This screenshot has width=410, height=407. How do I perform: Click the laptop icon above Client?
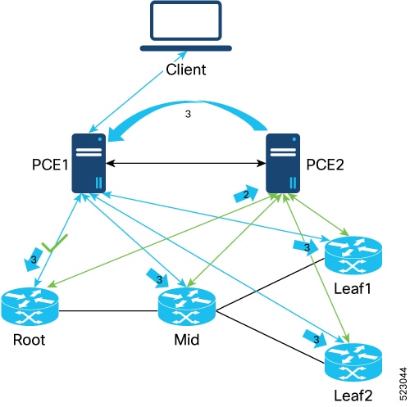point(186,26)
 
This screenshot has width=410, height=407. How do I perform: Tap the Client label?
point(186,70)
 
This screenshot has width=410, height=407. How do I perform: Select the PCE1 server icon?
point(89,163)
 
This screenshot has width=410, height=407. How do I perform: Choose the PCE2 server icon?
point(283,163)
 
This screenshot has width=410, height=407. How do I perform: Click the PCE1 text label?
point(50,165)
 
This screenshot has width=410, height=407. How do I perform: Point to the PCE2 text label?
point(325,165)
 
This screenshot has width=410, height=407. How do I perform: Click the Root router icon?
point(30,306)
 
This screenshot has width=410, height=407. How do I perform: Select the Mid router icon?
point(187,306)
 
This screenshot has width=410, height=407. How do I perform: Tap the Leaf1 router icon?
point(353,256)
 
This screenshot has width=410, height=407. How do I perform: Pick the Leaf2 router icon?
point(353,362)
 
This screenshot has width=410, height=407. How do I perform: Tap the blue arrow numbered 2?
point(246,194)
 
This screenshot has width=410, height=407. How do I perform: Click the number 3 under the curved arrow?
point(188,114)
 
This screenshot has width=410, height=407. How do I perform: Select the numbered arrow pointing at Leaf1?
point(306,247)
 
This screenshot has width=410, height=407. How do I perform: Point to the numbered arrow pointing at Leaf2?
point(315,339)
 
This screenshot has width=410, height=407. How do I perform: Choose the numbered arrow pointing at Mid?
point(157,278)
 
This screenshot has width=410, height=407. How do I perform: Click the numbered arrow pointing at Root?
point(34,260)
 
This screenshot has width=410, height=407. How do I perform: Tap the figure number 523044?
point(403,384)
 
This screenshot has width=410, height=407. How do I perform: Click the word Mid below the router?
point(187,340)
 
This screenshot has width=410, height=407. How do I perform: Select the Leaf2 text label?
point(353,396)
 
